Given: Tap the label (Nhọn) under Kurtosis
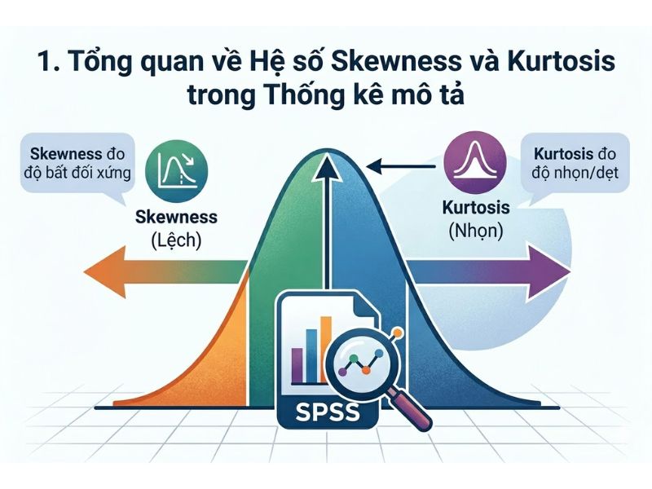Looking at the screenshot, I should pyautogui.click(x=476, y=231).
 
